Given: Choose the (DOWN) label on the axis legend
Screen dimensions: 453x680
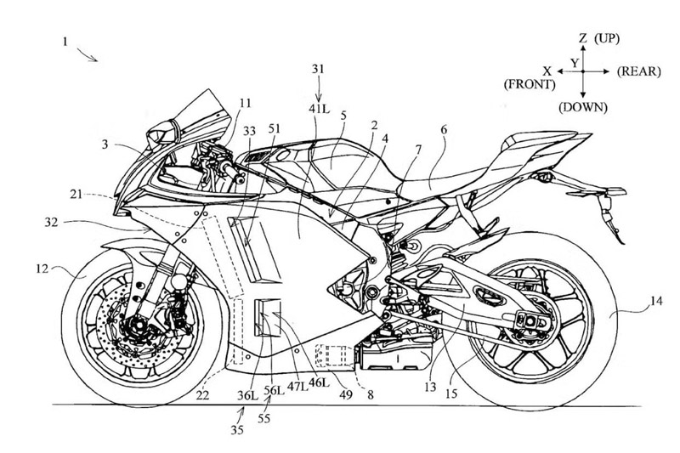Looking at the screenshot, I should (x=581, y=110).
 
